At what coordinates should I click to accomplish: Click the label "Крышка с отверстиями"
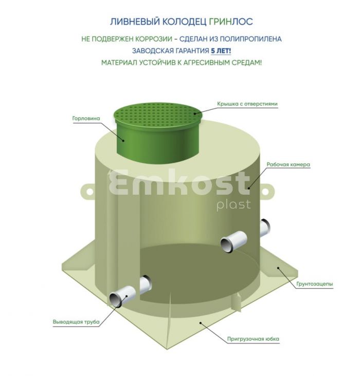click(247, 104)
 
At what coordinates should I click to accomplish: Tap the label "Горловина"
click(86, 118)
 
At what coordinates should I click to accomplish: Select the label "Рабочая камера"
click(288, 164)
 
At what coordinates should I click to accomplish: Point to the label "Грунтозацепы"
click(315, 284)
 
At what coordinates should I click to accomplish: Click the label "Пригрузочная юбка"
click(253, 339)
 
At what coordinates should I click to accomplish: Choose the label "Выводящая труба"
click(76, 322)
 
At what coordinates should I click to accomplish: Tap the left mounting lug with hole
click(88, 192)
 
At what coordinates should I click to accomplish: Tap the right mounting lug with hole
click(266, 191)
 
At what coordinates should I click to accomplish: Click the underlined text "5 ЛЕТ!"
click(221, 51)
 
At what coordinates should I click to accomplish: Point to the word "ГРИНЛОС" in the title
click(231, 22)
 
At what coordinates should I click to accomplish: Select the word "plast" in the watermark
click(233, 205)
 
